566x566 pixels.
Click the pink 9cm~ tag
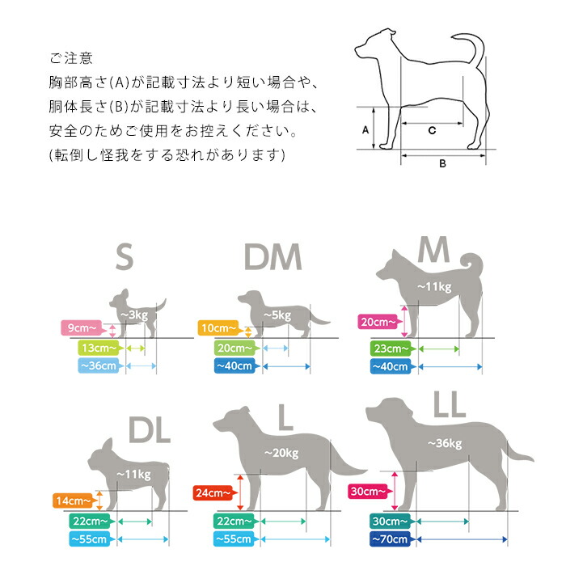(x=84, y=327)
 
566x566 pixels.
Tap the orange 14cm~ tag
(x=75, y=501)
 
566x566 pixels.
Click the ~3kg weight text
(x=134, y=315)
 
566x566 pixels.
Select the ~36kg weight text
(x=445, y=444)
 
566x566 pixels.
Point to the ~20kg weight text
(x=281, y=453)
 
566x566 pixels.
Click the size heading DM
(x=273, y=256)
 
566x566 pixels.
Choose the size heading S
(x=125, y=256)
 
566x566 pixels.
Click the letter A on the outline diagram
(x=365, y=129)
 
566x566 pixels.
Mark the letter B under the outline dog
(x=442, y=163)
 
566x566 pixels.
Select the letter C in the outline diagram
(x=432, y=130)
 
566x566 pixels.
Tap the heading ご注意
(x=71, y=58)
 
